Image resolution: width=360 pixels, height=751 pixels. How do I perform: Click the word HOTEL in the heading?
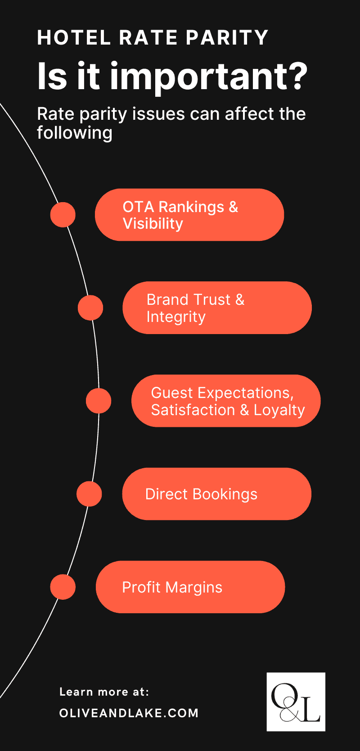[x=74, y=38]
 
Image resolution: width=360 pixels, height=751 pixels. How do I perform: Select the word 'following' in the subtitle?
[x=75, y=133]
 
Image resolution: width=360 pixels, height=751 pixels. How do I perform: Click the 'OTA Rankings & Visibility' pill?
[x=189, y=215]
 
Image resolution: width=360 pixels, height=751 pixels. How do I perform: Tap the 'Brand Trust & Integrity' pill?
[x=217, y=308]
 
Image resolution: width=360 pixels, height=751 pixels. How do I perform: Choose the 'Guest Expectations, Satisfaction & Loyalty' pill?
[x=226, y=401]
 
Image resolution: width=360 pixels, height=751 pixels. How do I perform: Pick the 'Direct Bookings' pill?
[x=216, y=494]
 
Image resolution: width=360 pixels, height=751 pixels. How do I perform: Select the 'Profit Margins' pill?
[x=190, y=587]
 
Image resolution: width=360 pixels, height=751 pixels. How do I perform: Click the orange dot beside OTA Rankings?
[x=63, y=214]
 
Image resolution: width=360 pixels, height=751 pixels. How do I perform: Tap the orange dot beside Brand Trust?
[x=90, y=308]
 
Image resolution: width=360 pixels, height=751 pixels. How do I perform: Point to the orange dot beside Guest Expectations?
[x=99, y=401]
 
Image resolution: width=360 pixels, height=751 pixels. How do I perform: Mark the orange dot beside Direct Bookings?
[x=89, y=494]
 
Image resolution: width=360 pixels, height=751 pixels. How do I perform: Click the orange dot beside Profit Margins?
[x=63, y=587]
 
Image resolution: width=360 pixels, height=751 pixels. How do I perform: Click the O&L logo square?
[x=296, y=701]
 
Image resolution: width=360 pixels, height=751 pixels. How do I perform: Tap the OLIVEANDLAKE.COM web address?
[x=129, y=713]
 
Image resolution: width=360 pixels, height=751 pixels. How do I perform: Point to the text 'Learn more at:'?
[x=104, y=692]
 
